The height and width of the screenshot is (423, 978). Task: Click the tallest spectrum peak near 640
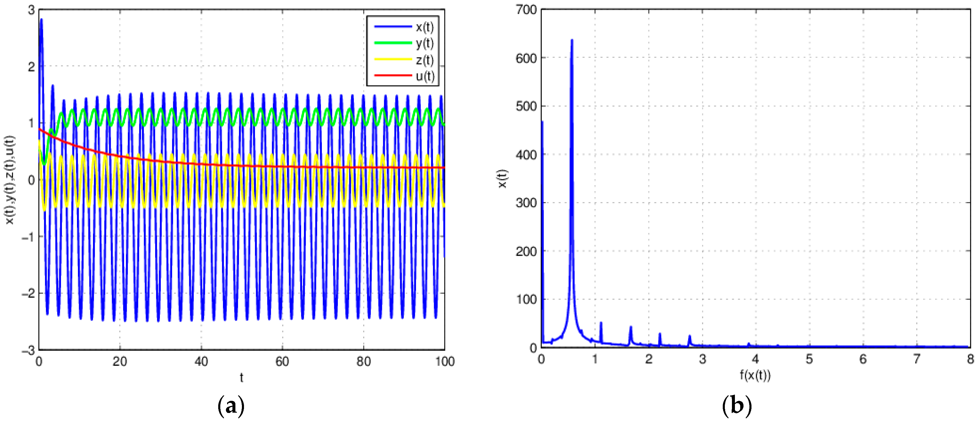[572, 40]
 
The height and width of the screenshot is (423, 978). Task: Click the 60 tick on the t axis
[282, 361]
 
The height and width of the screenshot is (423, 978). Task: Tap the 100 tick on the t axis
[444, 361]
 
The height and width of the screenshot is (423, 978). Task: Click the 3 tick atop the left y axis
[31, 10]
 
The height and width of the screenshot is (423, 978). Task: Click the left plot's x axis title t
[241, 377]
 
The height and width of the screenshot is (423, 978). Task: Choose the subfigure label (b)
[737, 406]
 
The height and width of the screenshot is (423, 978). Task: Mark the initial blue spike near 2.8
[41, 20]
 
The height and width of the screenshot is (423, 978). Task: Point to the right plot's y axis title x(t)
[502, 178]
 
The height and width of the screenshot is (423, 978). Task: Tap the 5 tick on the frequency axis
[810, 359]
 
